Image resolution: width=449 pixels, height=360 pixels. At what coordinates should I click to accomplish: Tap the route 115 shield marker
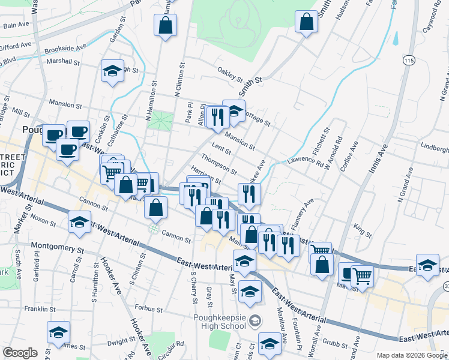point(409,61)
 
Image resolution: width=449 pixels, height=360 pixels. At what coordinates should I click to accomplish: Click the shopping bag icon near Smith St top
point(306,23)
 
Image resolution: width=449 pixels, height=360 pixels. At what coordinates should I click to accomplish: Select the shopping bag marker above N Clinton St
point(165,26)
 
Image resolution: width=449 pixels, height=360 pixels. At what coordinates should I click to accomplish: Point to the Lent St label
point(221,149)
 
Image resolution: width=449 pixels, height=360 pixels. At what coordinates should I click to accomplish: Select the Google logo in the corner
point(20,353)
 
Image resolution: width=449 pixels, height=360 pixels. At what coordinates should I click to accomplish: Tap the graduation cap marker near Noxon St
point(79,223)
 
